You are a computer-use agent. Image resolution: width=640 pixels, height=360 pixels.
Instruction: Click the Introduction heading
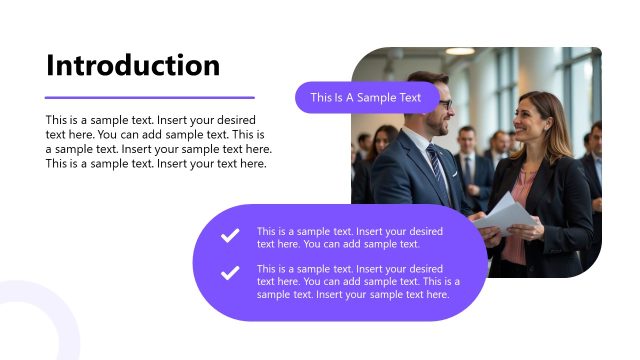[x=133, y=65]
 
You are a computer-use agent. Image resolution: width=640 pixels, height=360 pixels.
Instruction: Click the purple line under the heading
[x=150, y=98]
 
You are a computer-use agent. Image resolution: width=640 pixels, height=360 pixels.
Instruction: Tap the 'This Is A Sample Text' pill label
[x=366, y=97]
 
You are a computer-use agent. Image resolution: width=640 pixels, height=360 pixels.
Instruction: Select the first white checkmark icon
[x=230, y=236]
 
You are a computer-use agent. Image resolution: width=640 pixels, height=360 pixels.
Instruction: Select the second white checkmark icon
[x=230, y=272]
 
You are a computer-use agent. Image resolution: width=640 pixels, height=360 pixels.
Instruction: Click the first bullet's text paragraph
[x=350, y=237]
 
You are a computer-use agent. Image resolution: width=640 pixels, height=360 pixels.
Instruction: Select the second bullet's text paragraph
[x=358, y=282]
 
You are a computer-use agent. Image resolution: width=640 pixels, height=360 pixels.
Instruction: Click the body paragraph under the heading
[x=158, y=141]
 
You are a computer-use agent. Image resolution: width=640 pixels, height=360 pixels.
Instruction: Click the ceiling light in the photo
[x=460, y=51]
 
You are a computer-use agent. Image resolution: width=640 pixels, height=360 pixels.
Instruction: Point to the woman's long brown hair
[x=556, y=130]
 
